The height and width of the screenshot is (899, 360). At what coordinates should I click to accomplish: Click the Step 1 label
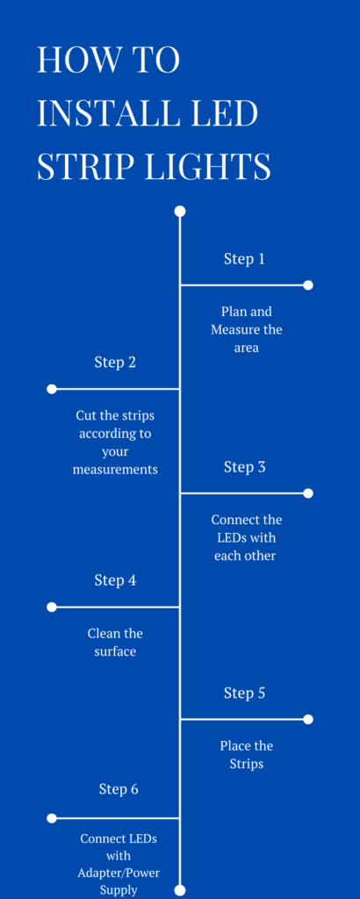(x=244, y=259)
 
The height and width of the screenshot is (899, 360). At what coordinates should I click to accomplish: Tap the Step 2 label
(x=115, y=363)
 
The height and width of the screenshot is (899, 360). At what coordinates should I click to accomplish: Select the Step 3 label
(x=244, y=467)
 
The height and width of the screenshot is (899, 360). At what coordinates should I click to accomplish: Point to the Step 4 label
(x=115, y=581)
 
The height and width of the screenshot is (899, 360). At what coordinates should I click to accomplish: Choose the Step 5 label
(x=244, y=694)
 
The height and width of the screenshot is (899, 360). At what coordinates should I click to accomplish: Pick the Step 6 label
(x=119, y=789)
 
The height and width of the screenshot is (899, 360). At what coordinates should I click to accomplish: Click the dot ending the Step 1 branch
(x=308, y=285)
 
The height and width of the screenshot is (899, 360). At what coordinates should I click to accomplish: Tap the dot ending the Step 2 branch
(x=52, y=389)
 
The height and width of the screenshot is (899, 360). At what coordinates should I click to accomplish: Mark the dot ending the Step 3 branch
(x=308, y=493)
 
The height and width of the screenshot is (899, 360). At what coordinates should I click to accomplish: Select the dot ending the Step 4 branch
(x=52, y=607)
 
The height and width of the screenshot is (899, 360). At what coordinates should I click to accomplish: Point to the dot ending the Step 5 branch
(x=308, y=719)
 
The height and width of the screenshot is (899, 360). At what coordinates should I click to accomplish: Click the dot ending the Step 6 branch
(x=52, y=818)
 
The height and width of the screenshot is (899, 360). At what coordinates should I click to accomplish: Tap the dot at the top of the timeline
(x=180, y=212)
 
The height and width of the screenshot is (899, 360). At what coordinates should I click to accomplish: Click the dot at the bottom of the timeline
(x=180, y=890)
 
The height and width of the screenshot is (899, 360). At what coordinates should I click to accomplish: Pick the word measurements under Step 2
(x=115, y=470)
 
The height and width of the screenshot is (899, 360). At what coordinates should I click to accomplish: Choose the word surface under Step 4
(x=115, y=652)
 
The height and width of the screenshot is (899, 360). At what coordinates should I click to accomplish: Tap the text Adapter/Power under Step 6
(x=119, y=874)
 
